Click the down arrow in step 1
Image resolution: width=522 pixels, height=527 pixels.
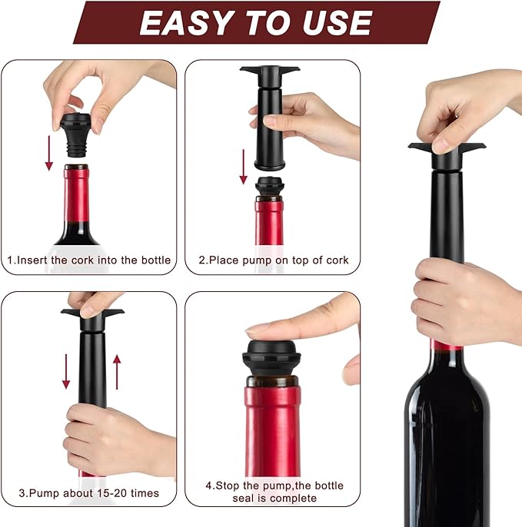tap(49, 150)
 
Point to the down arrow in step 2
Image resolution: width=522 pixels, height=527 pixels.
tap(243, 166)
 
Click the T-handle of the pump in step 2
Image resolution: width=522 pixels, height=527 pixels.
tap(269, 71)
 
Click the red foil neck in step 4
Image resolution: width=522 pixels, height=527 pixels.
tap(272, 430)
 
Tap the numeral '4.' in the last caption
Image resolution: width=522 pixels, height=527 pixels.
tap(210, 486)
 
